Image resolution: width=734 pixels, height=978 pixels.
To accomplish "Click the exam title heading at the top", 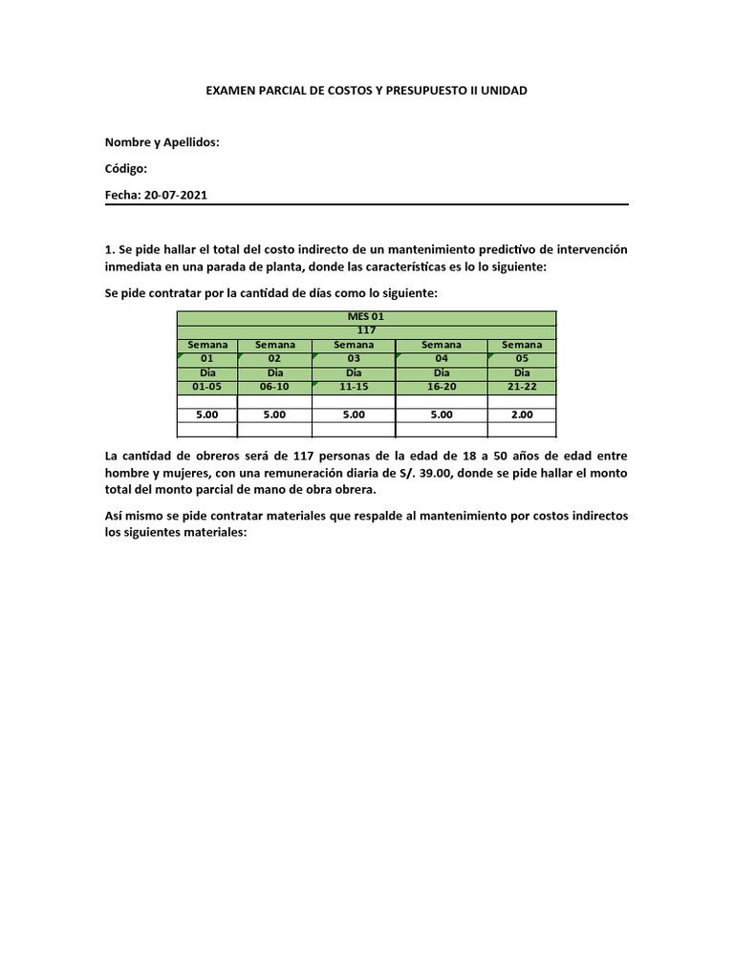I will [x=367, y=91].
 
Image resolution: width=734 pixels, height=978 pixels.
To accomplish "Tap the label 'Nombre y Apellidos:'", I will [x=162, y=142].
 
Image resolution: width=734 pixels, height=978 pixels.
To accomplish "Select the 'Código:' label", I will [x=126, y=168].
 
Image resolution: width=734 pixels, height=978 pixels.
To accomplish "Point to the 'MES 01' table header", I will [x=366, y=317].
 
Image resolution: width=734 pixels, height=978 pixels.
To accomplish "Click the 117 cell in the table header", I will [x=366, y=330].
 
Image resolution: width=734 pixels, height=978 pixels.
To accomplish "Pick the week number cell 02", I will [x=274, y=358].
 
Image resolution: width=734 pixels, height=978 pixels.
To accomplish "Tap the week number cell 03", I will [x=353, y=358].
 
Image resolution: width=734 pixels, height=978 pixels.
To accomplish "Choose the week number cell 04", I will [x=442, y=358].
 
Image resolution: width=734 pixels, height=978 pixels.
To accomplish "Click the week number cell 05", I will [x=521, y=358].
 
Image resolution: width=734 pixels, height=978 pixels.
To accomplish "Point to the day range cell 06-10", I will [x=274, y=387].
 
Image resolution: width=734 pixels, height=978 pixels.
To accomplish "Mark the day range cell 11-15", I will [x=353, y=387].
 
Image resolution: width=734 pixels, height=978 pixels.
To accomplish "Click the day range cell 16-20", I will [x=442, y=387].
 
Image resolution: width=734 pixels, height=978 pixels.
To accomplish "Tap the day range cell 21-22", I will [x=521, y=387].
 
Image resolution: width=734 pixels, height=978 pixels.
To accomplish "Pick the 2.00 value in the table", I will [x=521, y=415].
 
